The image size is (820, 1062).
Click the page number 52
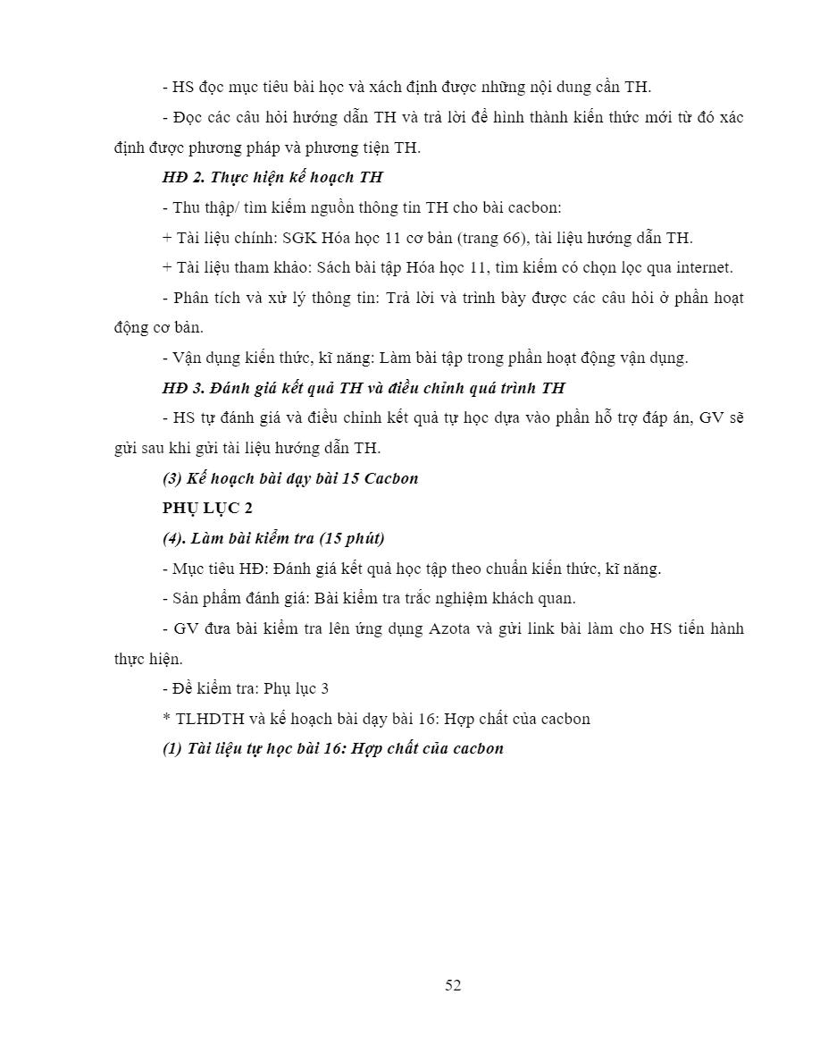453,985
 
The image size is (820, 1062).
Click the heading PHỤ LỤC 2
207,508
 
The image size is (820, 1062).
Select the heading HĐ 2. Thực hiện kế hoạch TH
272,177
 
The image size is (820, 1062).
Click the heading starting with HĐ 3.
364,388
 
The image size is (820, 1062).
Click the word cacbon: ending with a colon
534,207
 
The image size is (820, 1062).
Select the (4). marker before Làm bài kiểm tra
175,538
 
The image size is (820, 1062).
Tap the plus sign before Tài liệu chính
167,239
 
